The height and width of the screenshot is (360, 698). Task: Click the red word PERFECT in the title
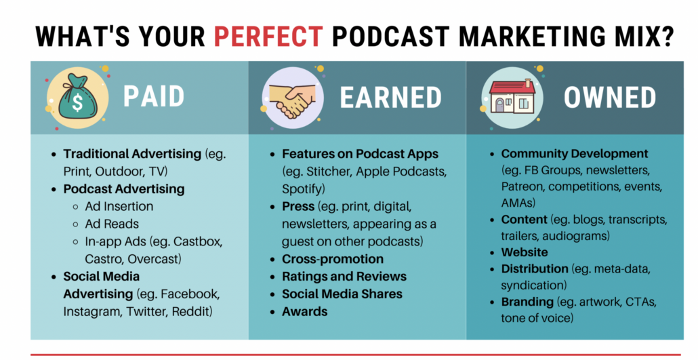pos(268,36)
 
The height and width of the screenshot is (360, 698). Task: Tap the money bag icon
pos(77,97)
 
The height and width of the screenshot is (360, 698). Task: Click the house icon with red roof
pos(512,96)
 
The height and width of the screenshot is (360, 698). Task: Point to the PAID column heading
pos(154,96)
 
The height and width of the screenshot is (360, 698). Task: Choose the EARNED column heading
pos(390,97)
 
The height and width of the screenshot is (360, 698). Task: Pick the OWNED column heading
pos(610,97)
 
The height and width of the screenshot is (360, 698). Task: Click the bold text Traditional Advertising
pos(132,154)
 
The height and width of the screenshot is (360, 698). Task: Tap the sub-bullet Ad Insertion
pos(119,206)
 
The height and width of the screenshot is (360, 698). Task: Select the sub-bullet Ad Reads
pos(112,224)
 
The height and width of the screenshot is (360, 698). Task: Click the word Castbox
pos(198,241)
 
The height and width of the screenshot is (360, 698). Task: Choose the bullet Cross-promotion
pos(333,259)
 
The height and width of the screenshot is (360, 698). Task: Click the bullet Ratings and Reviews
pos(344,276)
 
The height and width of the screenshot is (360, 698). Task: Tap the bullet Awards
pos(304,311)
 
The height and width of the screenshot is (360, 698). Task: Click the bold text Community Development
pos(575,154)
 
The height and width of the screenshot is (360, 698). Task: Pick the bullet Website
pos(525,252)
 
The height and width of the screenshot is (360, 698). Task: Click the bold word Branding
pos(527,302)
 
